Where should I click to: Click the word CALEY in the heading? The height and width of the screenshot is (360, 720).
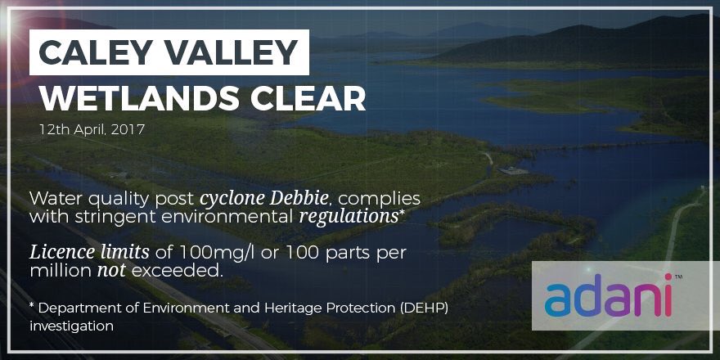point(96,53)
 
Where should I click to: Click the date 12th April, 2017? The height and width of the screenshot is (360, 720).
point(90,129)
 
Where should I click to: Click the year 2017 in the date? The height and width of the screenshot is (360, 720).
point(127,129)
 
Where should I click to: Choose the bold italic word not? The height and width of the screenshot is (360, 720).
point(110,270)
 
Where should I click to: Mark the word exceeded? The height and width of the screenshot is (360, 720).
point(177,270)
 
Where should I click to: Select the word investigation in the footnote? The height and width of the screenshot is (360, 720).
point(71,326)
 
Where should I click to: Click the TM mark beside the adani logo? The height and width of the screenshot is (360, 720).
point(677,277)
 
